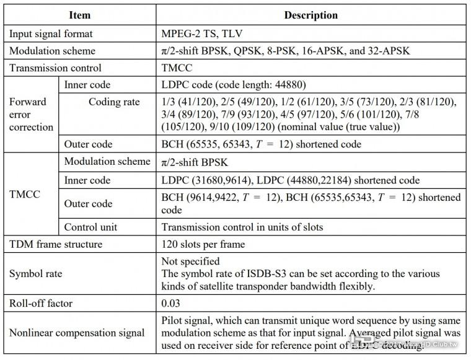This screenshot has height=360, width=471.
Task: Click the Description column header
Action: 310,14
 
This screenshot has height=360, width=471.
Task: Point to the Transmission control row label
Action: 55,68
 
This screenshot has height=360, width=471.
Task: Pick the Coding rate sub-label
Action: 114,102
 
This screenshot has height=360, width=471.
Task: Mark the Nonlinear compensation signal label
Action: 77,333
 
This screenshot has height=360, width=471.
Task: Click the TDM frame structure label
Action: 56,244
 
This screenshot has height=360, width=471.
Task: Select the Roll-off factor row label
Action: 40,304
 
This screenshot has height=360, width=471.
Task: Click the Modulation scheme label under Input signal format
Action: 52,50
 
